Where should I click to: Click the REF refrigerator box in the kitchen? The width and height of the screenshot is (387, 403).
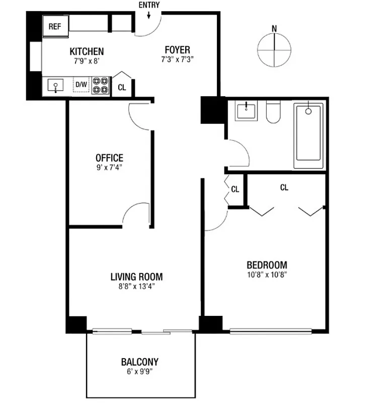tap(55, 26)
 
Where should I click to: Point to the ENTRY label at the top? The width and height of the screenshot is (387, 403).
tap(149, 5)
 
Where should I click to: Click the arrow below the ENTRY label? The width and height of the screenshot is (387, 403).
tap(149, 16)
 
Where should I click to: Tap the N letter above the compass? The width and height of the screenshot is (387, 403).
tap(274, 29)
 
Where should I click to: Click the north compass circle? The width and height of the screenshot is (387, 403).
tap(274, 50)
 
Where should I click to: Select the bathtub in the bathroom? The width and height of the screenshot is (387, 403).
tap(308, 136)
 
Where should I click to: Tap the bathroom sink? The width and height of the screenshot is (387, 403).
tap(246, 111)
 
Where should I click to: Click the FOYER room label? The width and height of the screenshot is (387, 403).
tap(177, 49)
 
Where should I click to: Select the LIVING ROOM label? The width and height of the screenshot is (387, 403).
tap(136, 277)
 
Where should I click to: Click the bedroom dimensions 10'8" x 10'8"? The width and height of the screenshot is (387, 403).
tap(267, 275)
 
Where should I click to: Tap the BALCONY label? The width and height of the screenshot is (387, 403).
tap(139, 362)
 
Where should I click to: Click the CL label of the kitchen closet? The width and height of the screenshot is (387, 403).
tap(121, 87)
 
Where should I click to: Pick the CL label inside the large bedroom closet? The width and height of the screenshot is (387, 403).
tap(284, 187)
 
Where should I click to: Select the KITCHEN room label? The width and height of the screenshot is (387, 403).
tap(87, 51)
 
